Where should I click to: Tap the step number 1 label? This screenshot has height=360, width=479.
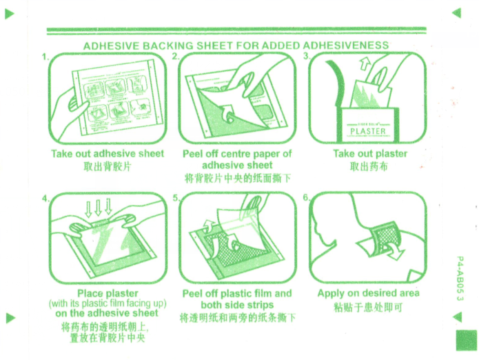point(45,57)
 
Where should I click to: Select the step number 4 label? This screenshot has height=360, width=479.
point(45,198)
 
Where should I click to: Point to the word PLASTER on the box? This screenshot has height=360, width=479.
point(368,130)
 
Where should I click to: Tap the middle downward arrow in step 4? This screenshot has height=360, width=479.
point(99,208)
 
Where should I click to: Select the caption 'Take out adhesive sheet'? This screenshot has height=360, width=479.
point(108,153)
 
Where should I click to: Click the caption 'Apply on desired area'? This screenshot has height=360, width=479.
point(368,293)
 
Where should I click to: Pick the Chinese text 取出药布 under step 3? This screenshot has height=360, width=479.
point(369,166)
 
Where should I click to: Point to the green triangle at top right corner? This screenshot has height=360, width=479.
point(455,12)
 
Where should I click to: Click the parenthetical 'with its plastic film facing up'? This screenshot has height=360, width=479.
point(108,303)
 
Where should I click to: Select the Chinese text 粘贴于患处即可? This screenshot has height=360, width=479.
point(368,306)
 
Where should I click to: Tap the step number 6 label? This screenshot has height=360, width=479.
point(306,198)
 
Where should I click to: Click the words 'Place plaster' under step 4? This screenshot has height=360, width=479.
point(108,293)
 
